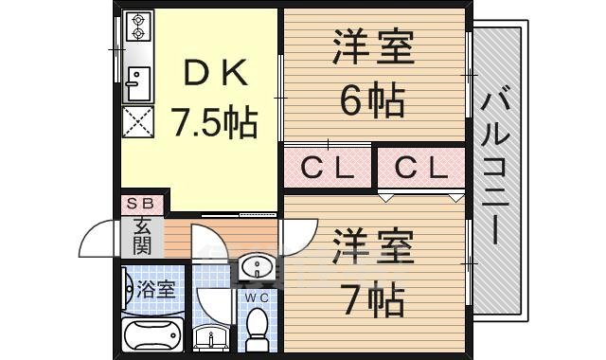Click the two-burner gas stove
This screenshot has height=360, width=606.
pos(139,27)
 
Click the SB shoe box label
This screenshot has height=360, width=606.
pos(142,203)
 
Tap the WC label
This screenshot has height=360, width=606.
pos(257,297)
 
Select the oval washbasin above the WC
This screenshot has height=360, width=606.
pos(257,269)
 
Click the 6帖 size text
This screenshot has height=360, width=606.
pos(372,99)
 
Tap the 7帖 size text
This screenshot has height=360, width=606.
pos(372,302)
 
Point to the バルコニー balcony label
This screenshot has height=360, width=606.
pos(499,171)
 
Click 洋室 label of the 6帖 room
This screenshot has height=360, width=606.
pos(372,49)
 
